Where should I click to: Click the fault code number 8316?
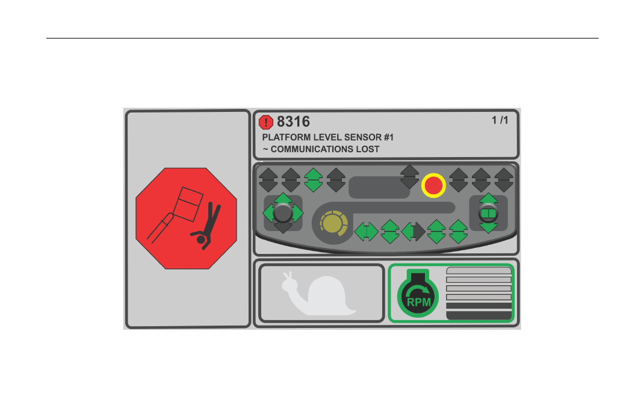click(293, 122)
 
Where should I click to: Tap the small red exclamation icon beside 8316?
click(266, 122)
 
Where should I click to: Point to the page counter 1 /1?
click(500, 120)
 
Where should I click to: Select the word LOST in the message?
click(368, 149)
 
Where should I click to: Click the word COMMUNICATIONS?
click(312, 149)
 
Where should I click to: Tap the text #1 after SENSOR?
click(389, 137)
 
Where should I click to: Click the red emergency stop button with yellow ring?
click(433, 185)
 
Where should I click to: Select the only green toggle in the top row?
click(314, 180)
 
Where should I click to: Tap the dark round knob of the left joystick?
click(283, 212)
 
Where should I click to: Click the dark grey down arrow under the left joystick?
click(283, 228)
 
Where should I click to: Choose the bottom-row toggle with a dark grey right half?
click(413, 232)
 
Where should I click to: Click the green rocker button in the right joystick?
click(488, 214)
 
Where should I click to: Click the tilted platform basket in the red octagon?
click(188, 204)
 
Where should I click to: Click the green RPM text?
click(418, 303)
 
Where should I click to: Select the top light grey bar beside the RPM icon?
click(479, 271)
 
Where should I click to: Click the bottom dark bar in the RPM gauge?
click(479, 315)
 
